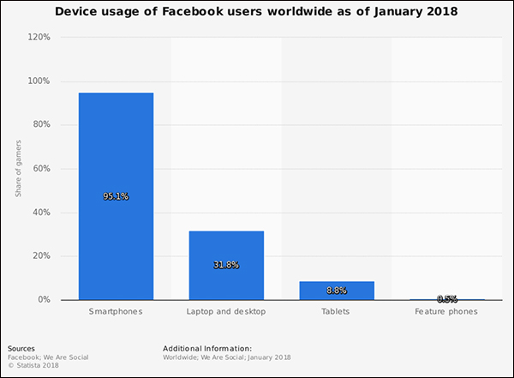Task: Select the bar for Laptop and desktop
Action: click(226, 265)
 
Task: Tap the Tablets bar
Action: click(337, 291)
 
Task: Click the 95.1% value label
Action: click(116, 196)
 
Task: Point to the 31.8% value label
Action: click(226, 265)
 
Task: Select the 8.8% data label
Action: click(337, 291)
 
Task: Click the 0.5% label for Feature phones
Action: click(447, 299)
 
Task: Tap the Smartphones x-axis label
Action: click(116, 312)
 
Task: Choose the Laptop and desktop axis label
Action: click(226, 312)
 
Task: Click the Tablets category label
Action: click(337, 312)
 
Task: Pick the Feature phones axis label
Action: click(447, 312)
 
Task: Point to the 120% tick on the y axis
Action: click(39, 38)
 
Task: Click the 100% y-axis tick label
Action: click(39, 81)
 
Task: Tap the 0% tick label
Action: click(45, 300)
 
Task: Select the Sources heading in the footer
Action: click(21, 349)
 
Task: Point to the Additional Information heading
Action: click(206, 349)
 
